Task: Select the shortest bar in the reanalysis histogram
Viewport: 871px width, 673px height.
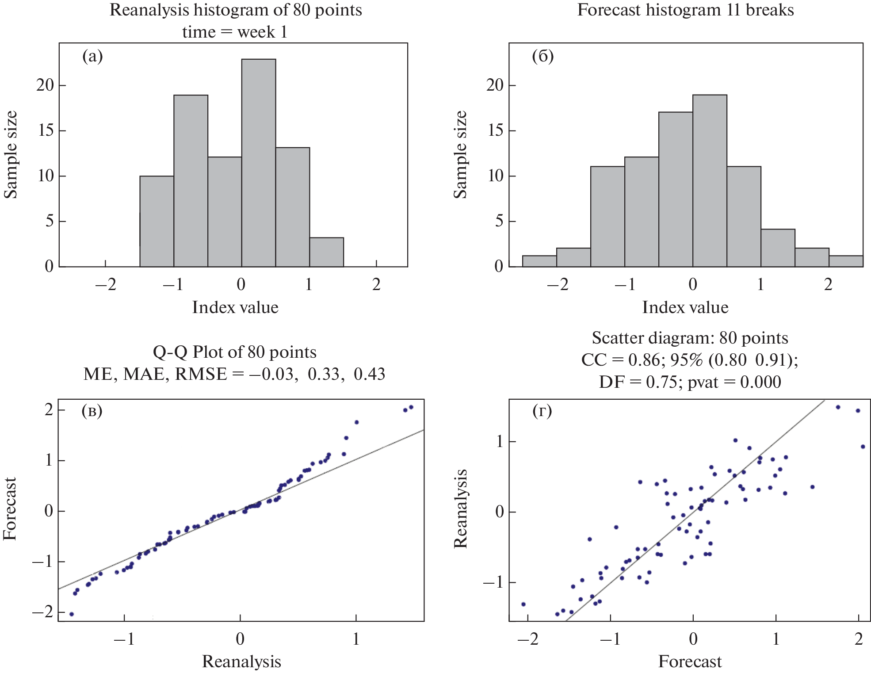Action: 326,252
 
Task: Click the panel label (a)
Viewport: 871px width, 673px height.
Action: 92,56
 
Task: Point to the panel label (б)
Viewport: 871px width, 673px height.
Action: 542,56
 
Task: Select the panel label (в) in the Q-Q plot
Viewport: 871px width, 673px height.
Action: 92,411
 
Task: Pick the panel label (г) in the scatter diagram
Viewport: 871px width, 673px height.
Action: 542,411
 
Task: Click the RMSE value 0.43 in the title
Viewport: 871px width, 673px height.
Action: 370,374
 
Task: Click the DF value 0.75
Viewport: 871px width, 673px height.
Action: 661,382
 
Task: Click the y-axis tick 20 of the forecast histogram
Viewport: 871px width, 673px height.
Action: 495,85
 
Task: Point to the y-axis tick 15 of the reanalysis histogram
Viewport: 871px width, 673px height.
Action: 45,130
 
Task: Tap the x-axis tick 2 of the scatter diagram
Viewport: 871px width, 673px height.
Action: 859,639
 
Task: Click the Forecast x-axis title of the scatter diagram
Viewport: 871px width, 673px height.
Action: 690,662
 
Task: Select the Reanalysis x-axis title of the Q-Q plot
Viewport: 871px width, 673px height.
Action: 241,662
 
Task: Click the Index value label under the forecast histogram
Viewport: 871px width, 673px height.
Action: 685,307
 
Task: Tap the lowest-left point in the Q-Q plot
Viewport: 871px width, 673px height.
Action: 72,614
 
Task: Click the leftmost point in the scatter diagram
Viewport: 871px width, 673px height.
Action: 523,604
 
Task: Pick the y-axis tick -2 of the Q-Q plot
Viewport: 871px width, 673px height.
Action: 42,612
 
